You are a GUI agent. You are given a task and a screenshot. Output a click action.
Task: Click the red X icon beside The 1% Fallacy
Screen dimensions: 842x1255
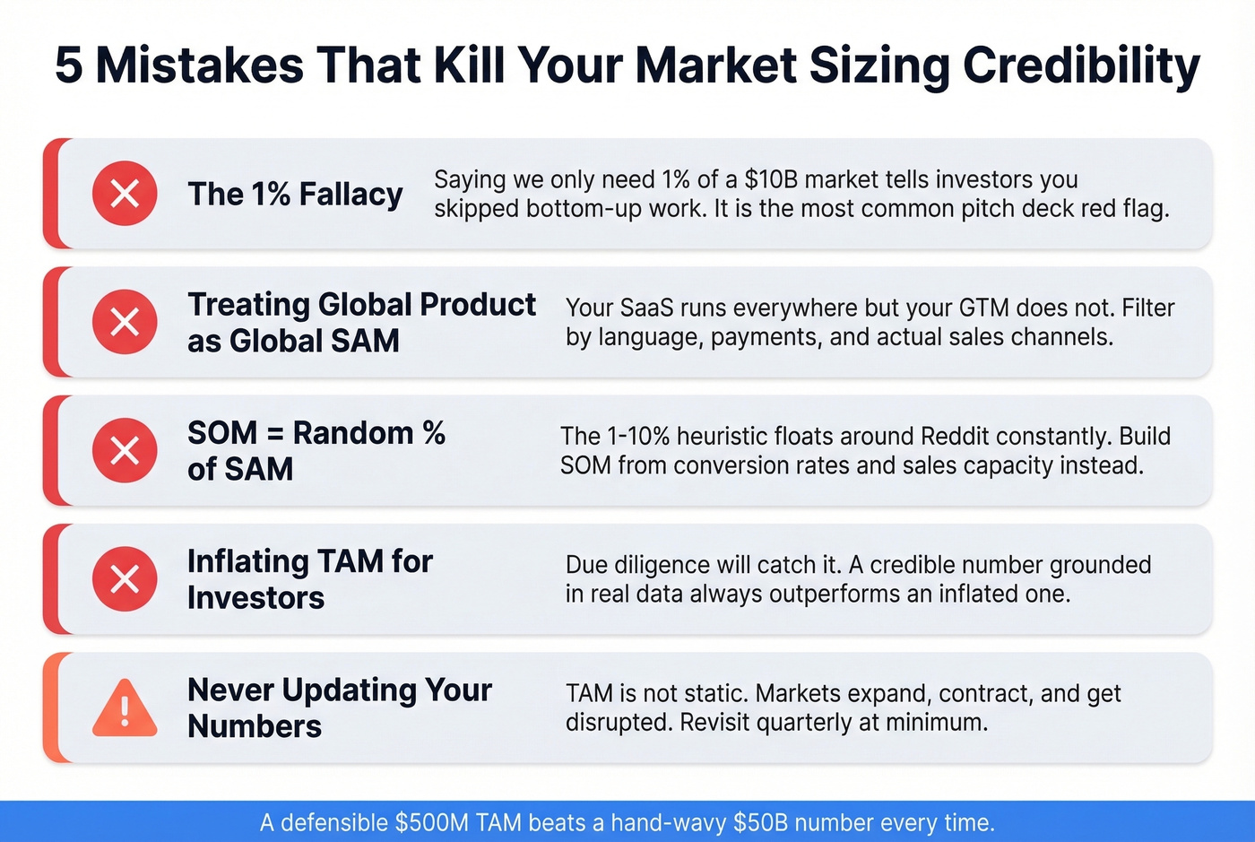click(x=125, y=193)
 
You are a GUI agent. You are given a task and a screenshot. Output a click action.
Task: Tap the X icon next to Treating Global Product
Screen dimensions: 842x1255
click(x=125, y=322)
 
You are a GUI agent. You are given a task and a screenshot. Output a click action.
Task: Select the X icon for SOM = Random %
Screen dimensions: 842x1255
click(x=125, y=450)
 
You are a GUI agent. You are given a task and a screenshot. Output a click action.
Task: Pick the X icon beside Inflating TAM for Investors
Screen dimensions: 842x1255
click(x=125, y=579)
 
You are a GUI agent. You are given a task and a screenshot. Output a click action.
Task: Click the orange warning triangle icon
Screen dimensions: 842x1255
click(x=125, y=709)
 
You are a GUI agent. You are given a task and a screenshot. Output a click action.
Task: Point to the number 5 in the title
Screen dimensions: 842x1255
click(x=69, y=65)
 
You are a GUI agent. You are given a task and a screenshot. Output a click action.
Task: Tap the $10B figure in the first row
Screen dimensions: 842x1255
click(x=770, y=179)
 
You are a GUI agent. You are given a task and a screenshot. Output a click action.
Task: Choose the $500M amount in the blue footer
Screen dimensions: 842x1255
click(x=432, y=822)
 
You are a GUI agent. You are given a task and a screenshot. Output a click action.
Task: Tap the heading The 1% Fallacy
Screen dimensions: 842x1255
click(x=295, y=194)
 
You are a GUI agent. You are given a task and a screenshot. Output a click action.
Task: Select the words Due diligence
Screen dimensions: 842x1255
click(x=635, y=565)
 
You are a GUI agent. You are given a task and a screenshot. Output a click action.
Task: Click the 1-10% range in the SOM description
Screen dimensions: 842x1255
click(x=637, y=436)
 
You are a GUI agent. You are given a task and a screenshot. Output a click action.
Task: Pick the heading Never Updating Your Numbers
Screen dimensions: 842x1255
click(x=339, y=707)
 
